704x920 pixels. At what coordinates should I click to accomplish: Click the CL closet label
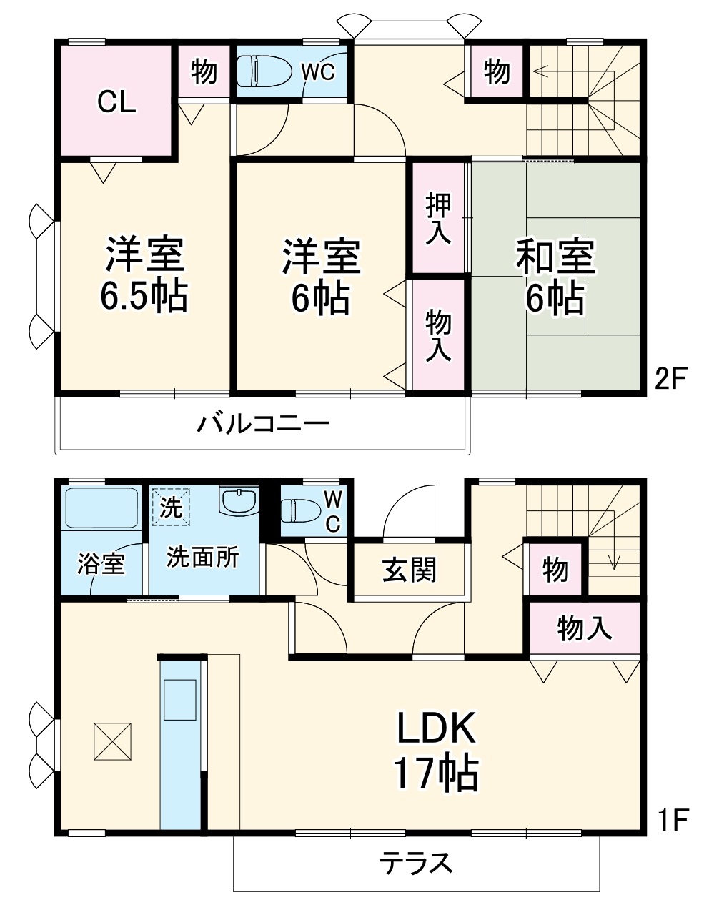point(117,103)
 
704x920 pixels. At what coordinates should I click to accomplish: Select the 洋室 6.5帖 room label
point(146,274)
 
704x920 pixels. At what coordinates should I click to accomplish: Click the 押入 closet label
point(438,218)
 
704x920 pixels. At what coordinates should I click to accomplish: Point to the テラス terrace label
point(415,864)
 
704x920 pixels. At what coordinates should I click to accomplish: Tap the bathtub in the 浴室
point(101,508)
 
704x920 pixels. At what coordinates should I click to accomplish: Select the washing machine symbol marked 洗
point(171,505)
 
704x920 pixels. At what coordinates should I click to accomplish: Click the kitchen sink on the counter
point(179,699)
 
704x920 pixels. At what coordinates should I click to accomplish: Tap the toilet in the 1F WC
point(297,510)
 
